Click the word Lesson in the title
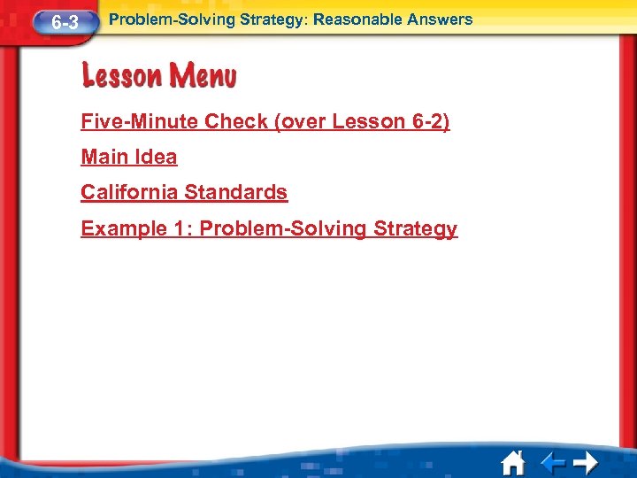click(x=119, y=77)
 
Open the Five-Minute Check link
click(x=265, y=122)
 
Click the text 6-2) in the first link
click(x=431, y=122)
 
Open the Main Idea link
click(x=128, y=158)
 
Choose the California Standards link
click(x=184, y=193)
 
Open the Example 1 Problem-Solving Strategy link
click(x=269, y=229)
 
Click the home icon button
click(x=512, y=462)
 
